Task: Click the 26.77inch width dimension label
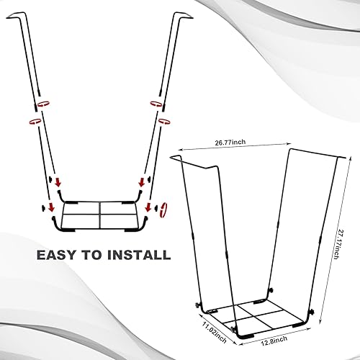229,143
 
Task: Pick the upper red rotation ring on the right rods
154,104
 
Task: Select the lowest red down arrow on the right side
148,210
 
